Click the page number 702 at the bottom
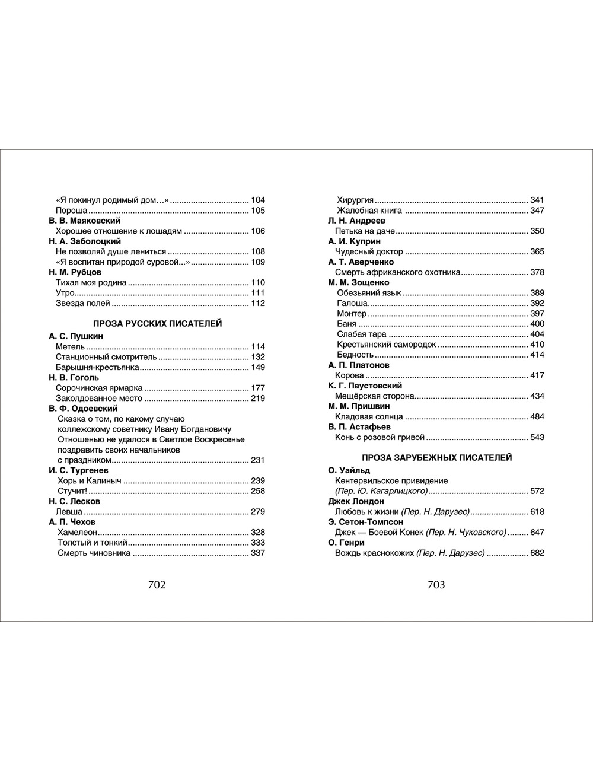tap(157, 585)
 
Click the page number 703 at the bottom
tap(436, 585)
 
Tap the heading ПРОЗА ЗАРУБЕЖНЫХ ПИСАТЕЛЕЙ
tap(436, 458)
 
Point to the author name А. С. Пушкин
tap(76, 336)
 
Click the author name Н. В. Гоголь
tap(74, 377)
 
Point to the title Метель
tap(71, 347)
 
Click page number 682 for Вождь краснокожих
tap(537, 553)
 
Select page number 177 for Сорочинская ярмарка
tap(258, 388)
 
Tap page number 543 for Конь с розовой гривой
tap(537, 438)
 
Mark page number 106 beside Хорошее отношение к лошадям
tap(258, 231)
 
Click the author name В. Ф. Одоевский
tap(83, 409)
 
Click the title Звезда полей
tap(83, 304)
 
